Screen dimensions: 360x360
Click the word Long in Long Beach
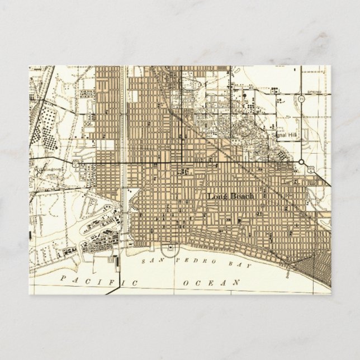coord(215,196)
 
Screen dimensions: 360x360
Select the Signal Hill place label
coord(282,135)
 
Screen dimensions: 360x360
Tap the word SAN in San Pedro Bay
coord(150,261)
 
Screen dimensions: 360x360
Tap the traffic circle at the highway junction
coord(301,162)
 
